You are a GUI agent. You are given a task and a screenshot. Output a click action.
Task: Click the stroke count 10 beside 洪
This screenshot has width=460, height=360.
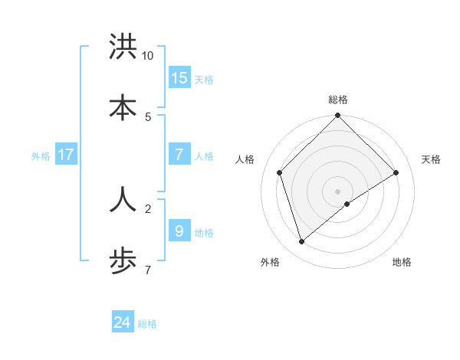click(x=148, y=56)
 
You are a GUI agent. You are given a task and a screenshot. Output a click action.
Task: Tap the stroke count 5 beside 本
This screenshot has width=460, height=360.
click(x=148, y=116)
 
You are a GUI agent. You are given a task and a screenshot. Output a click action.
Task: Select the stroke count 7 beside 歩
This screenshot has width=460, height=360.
click(x=148, y=270)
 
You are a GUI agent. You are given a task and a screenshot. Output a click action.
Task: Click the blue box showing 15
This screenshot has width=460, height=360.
click(x=179, y=77)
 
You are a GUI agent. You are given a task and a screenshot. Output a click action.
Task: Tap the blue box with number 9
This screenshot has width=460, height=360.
click(x=179, y=230)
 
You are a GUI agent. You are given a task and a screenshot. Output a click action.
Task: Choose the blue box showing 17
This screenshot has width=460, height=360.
click(x=66, y=155)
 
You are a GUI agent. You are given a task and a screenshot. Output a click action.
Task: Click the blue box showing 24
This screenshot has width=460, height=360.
click(x=123, y=322)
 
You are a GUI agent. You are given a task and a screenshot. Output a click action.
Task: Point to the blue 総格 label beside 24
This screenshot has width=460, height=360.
click(x=147, y=324)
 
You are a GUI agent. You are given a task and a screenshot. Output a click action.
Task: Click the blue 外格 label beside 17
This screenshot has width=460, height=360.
click(x=41, y=156)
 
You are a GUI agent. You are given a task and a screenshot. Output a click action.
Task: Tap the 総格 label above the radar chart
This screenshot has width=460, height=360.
click(x=338, y=100)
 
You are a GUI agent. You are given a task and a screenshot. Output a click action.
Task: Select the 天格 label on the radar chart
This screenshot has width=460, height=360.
click(x=432, y=159)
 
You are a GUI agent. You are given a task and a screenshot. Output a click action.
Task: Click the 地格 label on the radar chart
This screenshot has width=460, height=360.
click(x=402, y=262)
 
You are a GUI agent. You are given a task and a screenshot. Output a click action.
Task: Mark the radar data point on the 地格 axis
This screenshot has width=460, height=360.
click(x=347, y=204)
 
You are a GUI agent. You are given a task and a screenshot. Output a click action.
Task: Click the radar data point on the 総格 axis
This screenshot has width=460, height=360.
click(x=338, y=116)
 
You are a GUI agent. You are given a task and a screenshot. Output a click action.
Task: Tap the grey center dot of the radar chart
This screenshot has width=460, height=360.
click(x=338, y=191)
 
